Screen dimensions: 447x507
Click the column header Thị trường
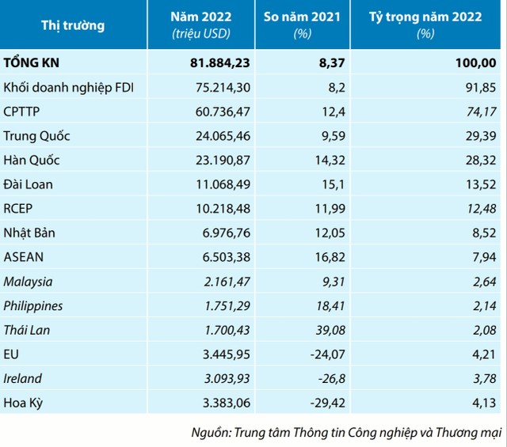pos(73,25)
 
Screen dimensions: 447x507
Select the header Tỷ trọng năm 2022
pos(437,17)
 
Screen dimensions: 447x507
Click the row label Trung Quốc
pos(37,135)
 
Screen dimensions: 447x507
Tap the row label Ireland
pos(23,379)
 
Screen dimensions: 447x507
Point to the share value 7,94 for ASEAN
pos(482,257)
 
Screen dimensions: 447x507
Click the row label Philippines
pos(33,305)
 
